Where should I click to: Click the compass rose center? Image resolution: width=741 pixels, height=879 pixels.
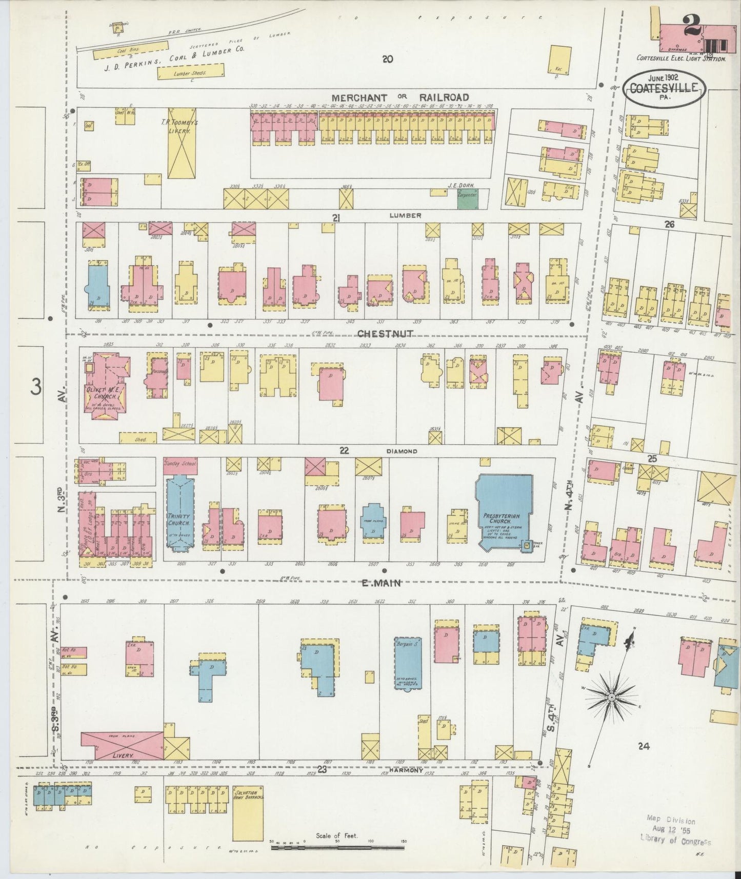point(611,698)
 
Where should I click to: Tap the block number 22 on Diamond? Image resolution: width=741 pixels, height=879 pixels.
point(344,450)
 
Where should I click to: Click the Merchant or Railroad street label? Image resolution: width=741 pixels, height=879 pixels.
point(400,97)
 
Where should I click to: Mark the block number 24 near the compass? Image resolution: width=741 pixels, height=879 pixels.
point(644,747)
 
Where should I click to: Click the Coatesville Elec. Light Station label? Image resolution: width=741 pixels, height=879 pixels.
point(681,59)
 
